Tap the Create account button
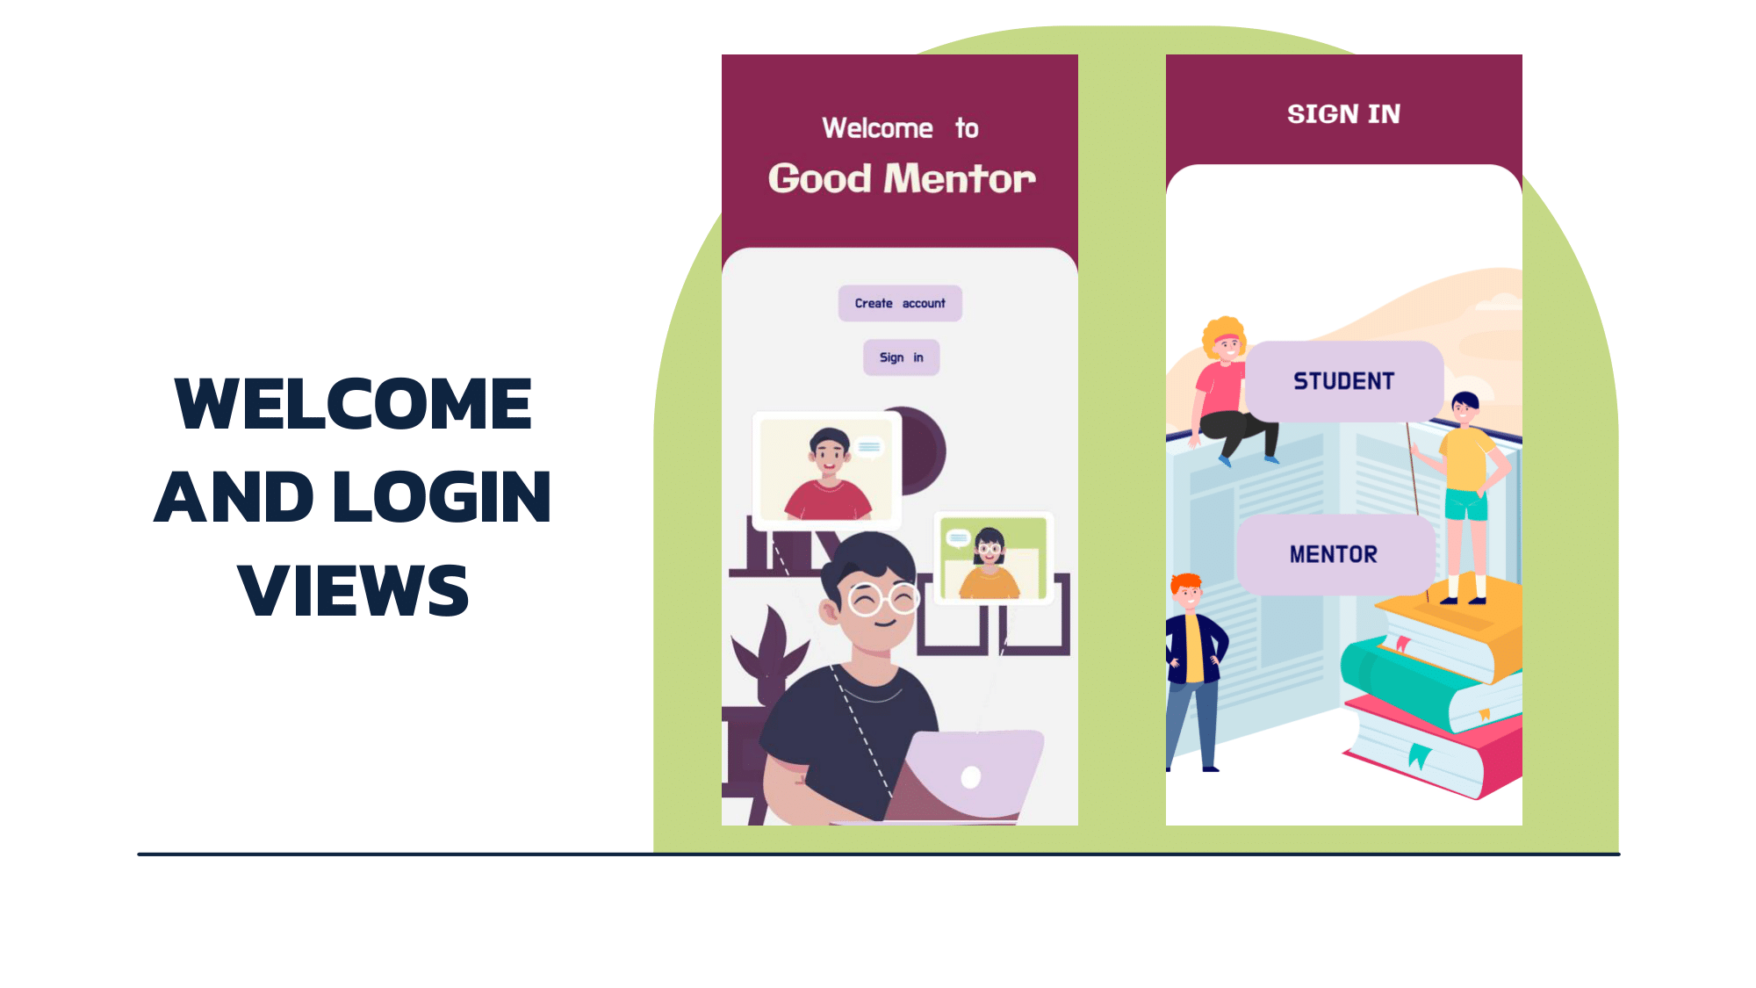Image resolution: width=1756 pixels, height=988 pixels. (900, 304)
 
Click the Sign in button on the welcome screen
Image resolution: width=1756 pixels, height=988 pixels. (901, 357)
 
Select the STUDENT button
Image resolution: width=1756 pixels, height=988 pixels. (1343, 381)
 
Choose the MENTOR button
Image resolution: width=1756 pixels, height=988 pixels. (1334, 554)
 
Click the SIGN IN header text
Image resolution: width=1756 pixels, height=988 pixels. (1343, 114)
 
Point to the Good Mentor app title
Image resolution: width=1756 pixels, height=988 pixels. (902, 179)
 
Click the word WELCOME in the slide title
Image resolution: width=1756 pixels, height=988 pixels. (353, 404)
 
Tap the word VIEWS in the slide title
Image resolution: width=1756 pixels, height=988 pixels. (353, 590)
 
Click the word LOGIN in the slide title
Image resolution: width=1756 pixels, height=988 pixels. (443, 497)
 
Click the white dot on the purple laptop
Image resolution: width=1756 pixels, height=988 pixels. (970, 777)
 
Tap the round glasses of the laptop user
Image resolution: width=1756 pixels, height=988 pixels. (882, 600)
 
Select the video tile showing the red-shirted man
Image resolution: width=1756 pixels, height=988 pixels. (826, 470)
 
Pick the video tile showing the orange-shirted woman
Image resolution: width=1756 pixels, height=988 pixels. (993, 558)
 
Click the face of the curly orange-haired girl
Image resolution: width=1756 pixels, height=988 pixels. (1227, 344)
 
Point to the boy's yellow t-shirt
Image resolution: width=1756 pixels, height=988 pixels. (1465, 458)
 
